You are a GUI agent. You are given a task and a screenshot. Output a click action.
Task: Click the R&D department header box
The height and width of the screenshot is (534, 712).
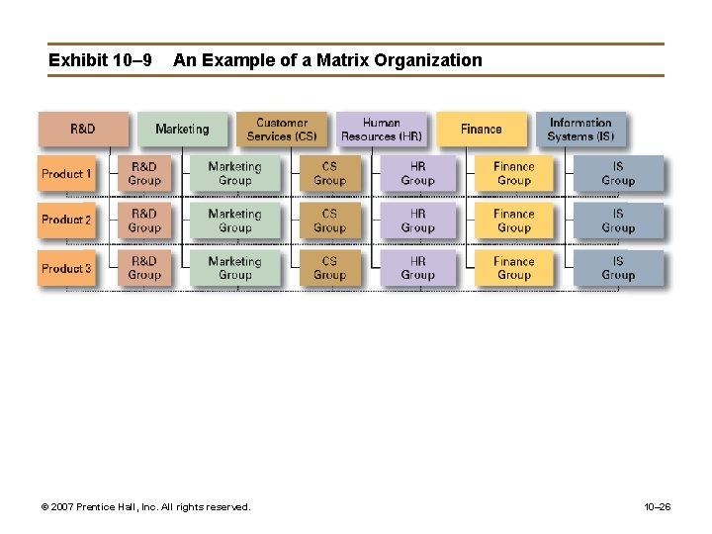(x=83, y=129)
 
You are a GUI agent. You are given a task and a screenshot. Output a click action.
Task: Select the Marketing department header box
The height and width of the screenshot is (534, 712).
(x=182, y=129)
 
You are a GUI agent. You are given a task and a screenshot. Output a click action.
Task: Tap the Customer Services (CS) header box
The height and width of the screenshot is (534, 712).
(x=282, y=129)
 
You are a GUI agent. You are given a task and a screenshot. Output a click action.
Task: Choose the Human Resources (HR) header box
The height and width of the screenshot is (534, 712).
(x=382, y=129)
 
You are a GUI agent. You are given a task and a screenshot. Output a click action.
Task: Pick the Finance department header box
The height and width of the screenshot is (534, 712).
(x=482, y=129)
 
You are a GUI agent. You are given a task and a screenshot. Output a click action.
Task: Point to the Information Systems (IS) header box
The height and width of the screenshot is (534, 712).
(x=581, y=129)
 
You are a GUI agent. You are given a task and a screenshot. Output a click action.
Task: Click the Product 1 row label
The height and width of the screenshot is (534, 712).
(x=67, y=174)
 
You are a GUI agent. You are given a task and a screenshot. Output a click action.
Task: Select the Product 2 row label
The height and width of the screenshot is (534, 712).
(x=67, y=220)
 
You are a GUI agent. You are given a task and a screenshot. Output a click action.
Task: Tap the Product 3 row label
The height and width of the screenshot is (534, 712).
(x=67, y=268)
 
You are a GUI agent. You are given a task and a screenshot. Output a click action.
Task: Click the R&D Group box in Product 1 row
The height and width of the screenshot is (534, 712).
(x=144, y=174)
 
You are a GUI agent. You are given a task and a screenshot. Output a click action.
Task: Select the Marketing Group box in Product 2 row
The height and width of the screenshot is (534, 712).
(x=234, y=221)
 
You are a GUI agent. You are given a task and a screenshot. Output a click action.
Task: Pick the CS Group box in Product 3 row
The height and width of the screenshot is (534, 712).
(x=329, y=268)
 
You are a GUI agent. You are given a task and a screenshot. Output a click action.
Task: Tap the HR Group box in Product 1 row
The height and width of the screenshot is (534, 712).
(x=417, y=174)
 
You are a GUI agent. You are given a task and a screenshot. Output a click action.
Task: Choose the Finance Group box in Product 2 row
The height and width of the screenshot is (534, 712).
(x=514, y=221)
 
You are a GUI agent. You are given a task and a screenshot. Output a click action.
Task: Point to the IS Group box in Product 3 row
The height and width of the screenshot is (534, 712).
(x=618, y=268)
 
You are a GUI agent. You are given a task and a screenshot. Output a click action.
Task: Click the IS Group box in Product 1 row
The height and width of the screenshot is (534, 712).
(x=618, y=174)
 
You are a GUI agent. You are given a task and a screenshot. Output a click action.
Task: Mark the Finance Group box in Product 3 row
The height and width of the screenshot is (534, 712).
(x=514, y=268)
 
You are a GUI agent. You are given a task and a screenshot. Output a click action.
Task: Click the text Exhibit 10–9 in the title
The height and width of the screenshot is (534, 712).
(x=100, y=60)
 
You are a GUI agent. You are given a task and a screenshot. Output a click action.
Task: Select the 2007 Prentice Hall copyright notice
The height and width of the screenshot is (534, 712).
(x=145, y=507)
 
